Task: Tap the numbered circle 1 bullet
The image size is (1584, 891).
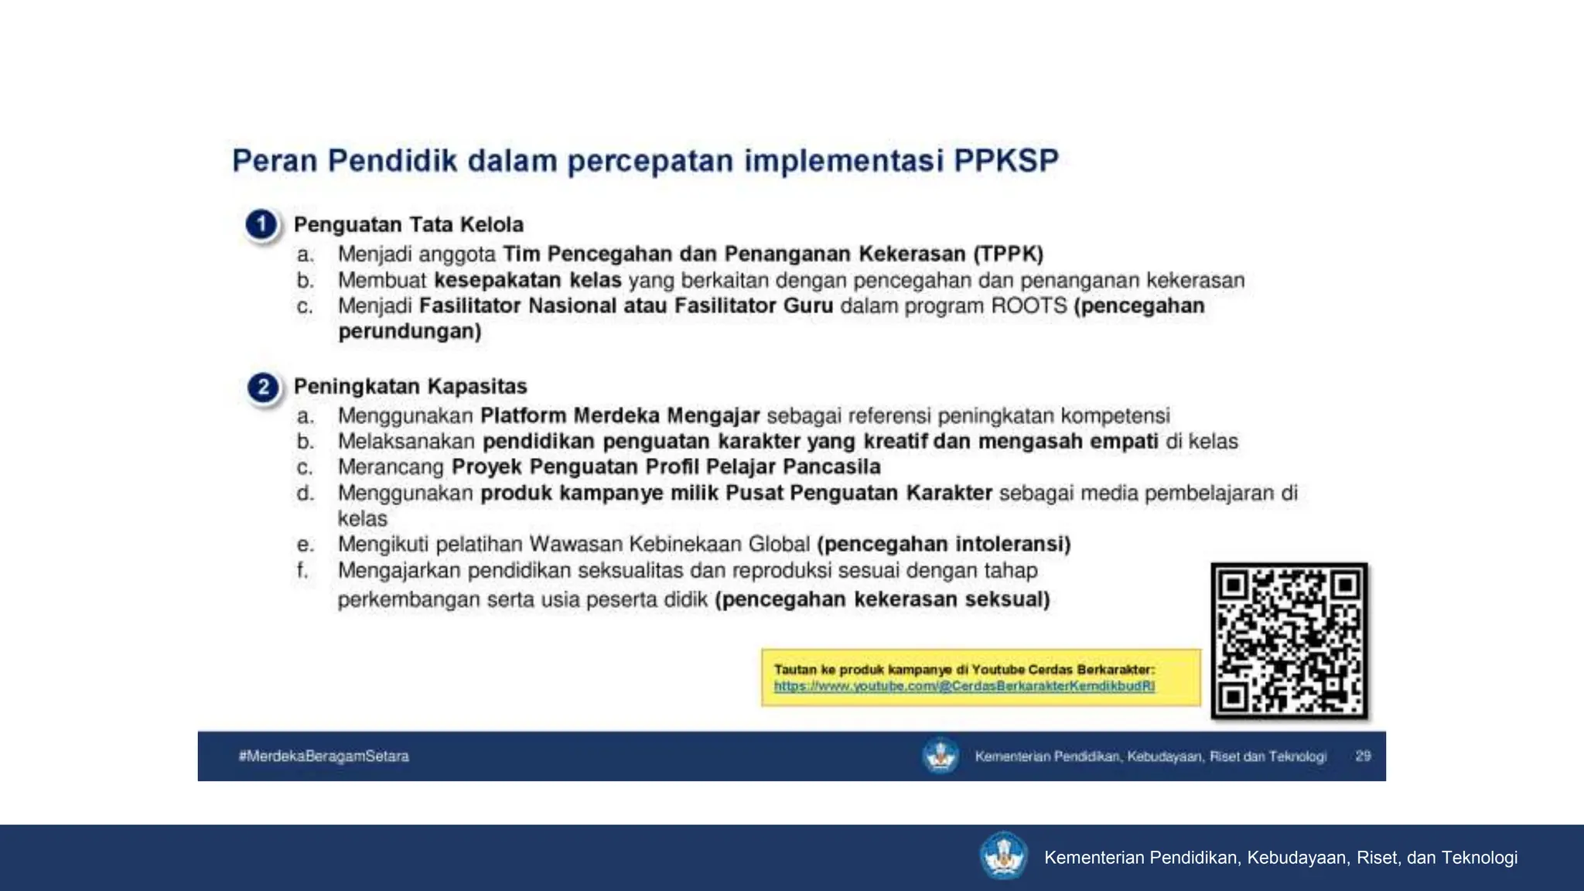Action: [261, 225]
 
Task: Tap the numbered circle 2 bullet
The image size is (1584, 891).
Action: [263, 387]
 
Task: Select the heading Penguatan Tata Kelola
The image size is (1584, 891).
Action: [408, 225]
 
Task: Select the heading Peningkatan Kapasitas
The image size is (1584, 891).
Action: [410, 387]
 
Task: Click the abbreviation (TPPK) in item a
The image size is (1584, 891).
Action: [1008, 254]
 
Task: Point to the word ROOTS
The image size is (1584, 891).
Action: [1029, 306]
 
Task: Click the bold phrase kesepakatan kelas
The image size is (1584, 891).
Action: [527, 280]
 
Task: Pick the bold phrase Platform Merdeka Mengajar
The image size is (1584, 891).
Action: [620, 416]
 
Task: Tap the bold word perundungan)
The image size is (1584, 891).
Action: [410, 332]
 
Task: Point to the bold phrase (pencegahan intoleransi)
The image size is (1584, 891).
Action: [944, 544]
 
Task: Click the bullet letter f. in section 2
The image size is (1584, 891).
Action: [302, 571]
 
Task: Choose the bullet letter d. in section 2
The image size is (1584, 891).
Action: [305, 493]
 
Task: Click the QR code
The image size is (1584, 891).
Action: [1289, 641]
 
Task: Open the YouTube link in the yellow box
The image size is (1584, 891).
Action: [964, 686]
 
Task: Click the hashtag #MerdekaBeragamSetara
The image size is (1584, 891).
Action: [323, 756]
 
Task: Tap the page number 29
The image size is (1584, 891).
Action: [1363, 756]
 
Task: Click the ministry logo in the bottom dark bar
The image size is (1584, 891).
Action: [1003, 856]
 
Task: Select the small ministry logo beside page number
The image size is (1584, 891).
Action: [940, 756]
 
